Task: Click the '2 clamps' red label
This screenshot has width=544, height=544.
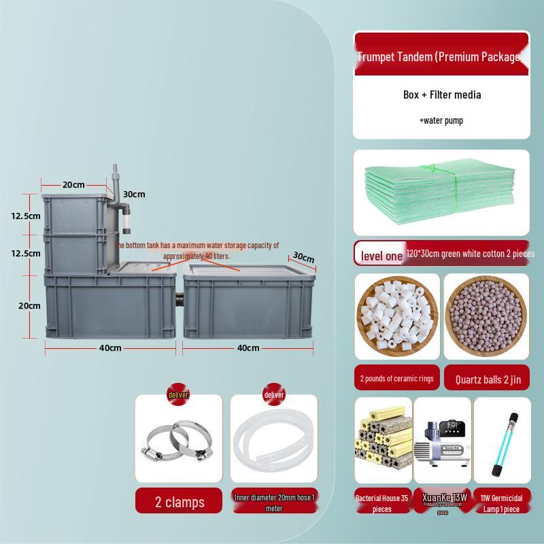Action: [x=179, y=502]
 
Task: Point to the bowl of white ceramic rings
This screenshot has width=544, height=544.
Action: [x=397, y=317]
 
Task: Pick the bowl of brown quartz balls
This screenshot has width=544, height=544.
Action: [x=486, y=316]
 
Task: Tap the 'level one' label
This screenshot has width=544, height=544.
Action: [x=381, y=256]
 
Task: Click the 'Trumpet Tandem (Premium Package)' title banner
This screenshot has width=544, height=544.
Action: [x=441, y=56]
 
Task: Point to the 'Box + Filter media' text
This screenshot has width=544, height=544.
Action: [x=441, y=95]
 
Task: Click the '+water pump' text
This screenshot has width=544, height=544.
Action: [x=441, y=120]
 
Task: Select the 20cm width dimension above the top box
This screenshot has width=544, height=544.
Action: [x=73, y=184]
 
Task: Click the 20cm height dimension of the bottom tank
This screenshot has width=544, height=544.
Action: [x=29, y=305]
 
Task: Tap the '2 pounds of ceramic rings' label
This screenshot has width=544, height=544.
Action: [x=397, y=379]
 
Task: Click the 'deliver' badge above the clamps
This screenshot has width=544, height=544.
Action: [x=178, y=395]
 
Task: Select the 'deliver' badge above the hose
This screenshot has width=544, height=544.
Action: [x=274, y=395]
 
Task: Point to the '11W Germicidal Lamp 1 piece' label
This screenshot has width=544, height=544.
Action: [x=502, y=503]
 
